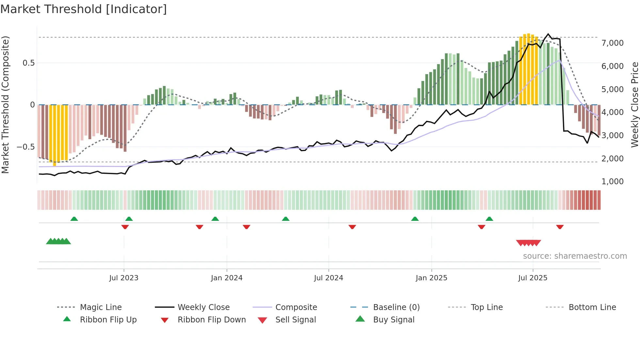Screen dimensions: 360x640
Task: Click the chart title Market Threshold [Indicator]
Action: [x=84, y=9]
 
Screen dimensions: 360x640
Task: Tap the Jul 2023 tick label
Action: [x=124, y=278]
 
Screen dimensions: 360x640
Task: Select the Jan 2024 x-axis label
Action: [x=227, y=278]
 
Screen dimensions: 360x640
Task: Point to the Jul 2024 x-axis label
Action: [x=328, y=278]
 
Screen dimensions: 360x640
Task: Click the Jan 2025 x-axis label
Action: [x=431, y=278]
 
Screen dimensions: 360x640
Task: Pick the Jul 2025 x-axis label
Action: [x=533, y=278]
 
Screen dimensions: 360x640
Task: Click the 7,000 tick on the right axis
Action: [x=612, y=43]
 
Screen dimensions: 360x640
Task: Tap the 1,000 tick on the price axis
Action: [x=612, y=182]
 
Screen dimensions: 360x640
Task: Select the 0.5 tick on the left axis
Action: [x=28, y=63]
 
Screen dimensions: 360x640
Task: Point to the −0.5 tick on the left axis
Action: [x=26, y=147]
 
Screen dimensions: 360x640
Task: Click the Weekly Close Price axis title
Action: [x=634, y=105]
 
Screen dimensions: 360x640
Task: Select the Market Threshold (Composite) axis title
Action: [x=5, y=105]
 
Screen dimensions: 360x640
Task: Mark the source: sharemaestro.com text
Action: [x=575, y=256]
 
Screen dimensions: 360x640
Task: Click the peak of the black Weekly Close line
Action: [x=548, y=34]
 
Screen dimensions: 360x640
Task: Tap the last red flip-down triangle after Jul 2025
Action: [x=560, y=227]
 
